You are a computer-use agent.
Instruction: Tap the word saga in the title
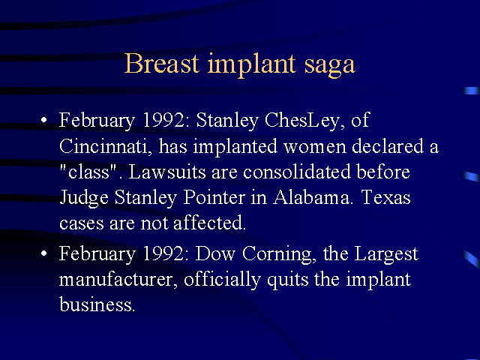click(330, 65)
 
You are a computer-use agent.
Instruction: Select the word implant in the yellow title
click(252, 65)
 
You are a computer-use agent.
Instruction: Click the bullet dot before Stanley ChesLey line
click(44, 120)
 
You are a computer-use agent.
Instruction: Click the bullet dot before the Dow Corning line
click(44, 253)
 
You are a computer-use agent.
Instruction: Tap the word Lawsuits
click(167, 172)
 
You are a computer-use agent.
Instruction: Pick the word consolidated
click(297, 172)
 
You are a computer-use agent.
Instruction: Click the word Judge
click(84, 198)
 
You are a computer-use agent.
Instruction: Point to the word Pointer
click(214, 197)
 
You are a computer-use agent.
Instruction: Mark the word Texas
click(385, 197)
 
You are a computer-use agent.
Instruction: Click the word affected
click(209, 223)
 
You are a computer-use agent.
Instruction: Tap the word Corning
click(279, 255)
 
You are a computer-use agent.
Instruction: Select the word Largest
click(386, 255)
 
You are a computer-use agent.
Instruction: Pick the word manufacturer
click(118, 280)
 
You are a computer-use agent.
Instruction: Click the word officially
click(222, 280)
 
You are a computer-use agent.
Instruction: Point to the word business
click(97, 304)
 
